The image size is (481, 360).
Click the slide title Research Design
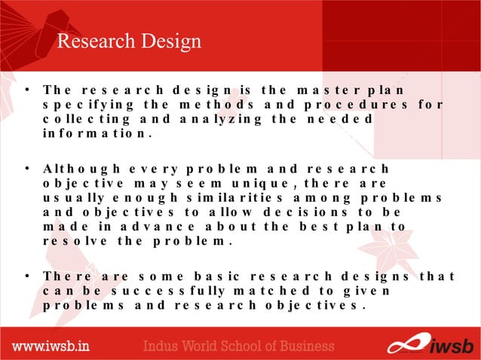point(130,41)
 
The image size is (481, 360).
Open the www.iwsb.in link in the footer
point(51,346)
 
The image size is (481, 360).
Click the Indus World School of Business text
point(239,346)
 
